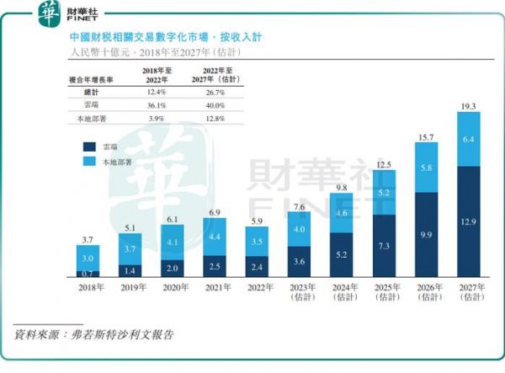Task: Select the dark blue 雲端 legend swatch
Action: (x=89, y=146)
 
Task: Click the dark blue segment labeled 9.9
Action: (x=427, y=235)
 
